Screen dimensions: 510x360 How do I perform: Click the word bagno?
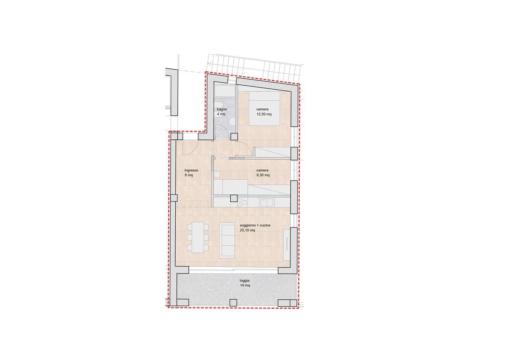(x=222, y=109)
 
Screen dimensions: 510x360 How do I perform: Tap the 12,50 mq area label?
(x=264, y=114)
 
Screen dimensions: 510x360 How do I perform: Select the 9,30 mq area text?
(x=263, y=175)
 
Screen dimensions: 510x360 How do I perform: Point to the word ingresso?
(x=191, y=170)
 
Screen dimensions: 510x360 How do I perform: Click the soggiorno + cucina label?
(x=255, y=225)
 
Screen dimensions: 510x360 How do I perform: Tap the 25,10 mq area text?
(x=247, y=230)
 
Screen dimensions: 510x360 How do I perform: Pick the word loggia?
(x=244, y=281)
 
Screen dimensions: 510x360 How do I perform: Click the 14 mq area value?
(x=245, y=286)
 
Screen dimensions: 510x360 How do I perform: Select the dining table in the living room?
(x=198, y=237)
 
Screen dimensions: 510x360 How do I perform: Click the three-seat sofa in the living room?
(x=227, y=240)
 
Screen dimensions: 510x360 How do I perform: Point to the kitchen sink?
(x=267, y=202)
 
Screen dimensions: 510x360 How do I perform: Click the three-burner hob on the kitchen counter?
(x=242, y=203)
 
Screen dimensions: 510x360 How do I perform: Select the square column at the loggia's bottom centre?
(x=233, y=302)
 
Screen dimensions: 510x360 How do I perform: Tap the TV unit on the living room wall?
(x=286, y=245)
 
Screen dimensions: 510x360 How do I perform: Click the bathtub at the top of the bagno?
(x=225, y=91)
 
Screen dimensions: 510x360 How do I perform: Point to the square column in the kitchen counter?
(x=234, y=198)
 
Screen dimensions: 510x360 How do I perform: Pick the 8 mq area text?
(x=189, y=175)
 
